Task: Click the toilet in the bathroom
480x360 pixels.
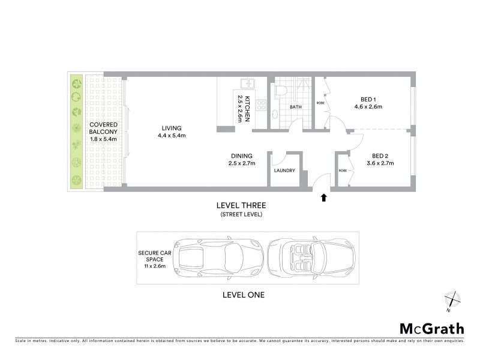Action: [280, 91]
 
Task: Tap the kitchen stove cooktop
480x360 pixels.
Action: [261, 105]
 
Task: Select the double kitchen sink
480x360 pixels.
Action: [248, 84]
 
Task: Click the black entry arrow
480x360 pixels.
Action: [324, 197]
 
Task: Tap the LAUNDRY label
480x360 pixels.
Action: [284, 170]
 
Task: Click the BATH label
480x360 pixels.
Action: [296, 107]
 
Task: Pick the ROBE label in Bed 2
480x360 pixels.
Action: [343, 170]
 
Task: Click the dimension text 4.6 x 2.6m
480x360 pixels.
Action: [368, 107]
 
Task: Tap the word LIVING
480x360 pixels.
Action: [171, 128]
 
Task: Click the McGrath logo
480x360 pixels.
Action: [431, 328]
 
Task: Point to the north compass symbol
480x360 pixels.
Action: [452, 301]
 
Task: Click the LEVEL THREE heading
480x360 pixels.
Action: [242, 205]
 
